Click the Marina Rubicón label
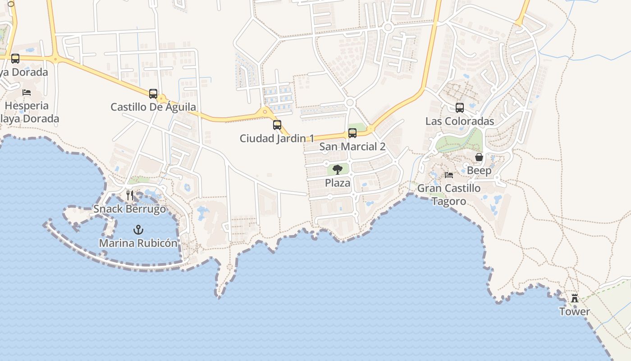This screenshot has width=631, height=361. (138, 243)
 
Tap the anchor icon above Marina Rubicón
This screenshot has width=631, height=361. (138, 230)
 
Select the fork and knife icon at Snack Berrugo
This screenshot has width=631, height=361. (130, 195)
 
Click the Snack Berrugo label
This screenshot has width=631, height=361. (130, 209)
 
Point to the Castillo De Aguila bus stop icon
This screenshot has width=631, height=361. (153, 94)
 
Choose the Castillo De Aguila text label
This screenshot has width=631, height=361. (153, 107)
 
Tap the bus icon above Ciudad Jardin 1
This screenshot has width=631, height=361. (277, 125)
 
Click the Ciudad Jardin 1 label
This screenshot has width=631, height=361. (277, 138)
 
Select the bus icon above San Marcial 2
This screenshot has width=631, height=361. (352, 133)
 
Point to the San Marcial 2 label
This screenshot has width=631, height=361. (352, 147)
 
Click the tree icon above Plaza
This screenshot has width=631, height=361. (338, 170)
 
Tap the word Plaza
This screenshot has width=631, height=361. (338, 183)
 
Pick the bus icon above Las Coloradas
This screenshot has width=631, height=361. (460, 108)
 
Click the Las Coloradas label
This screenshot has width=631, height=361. (460, 121)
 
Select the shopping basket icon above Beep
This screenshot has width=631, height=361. (479, 157)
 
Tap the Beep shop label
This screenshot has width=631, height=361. (479, 171)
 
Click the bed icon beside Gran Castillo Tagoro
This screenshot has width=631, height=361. (449, 175)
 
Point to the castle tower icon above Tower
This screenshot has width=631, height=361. (575, 298)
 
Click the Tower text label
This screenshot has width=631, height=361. (575, 312)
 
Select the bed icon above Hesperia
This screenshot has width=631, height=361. (27, 93)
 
